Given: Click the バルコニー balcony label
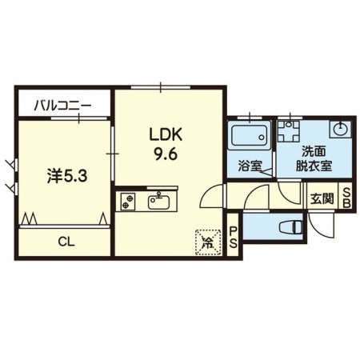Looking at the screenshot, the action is [62, 106].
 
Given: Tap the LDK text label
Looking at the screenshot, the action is [166, 134].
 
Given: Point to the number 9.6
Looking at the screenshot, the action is [166, 154].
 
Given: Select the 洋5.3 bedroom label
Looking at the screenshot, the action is [67, 176].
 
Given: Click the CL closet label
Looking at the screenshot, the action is [66, 242].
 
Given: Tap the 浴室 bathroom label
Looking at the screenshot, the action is [250, 166].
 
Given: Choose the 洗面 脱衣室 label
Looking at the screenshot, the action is [314, 159].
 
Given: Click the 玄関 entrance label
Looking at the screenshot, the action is [322, 198].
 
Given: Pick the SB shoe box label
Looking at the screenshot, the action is [346, 198].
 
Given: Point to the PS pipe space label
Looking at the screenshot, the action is [234, 237].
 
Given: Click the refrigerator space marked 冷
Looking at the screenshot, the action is [209, 242].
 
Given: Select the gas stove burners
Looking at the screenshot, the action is [127, 202].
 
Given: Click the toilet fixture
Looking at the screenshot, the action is [291, 227].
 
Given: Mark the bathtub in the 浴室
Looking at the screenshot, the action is [249, 135].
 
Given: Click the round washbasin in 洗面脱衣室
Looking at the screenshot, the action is [340, 130].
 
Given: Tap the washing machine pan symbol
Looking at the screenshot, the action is [288, 131].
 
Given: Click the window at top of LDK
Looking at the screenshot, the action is [161, 87].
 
